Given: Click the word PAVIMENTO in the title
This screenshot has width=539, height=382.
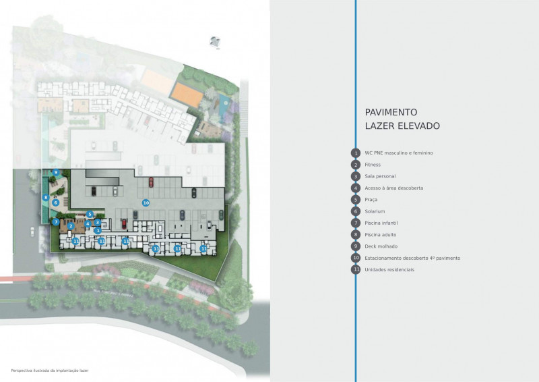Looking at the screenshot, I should (x=391, y=112).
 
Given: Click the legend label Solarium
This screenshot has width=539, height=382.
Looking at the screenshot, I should (x=375, y=211).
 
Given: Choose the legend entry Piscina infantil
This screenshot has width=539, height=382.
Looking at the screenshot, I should (x=382, y=223).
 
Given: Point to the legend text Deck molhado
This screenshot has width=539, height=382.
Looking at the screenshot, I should (x=381, y=246).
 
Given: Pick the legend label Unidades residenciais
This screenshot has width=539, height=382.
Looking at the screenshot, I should (x=389, y=269).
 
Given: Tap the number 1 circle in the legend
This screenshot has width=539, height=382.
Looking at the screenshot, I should (x=355, y=153).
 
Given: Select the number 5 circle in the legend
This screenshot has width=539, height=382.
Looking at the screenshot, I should (x=355, y=200).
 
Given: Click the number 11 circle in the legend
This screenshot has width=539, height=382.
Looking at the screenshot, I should (x=355, y=269).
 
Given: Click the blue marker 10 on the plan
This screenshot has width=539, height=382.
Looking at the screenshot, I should (x=145, y=202).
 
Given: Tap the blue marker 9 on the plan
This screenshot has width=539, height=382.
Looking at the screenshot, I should (x=56, y=173).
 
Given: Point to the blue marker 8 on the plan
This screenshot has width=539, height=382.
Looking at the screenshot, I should (x=45, y=198).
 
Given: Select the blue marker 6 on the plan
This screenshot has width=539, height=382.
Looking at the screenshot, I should (x=56, y=202).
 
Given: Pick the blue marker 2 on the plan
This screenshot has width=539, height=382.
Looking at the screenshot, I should (x=71, y=226).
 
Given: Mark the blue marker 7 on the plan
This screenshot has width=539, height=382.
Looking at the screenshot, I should (x=56, y=221).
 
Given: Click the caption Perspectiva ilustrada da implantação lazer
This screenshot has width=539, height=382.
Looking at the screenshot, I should (x=50, y=371).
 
